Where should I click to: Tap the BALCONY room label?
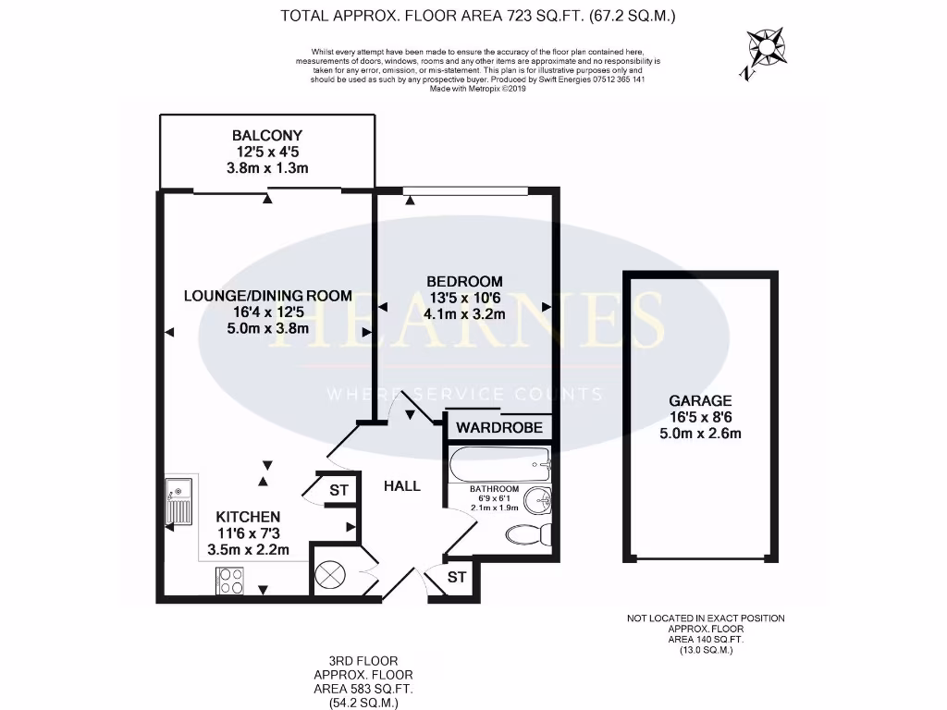[267, 135]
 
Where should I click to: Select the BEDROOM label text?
[464, 281]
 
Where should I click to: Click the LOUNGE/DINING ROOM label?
[268, 296]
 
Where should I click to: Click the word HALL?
[402, 485]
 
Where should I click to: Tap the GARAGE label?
[700, 401]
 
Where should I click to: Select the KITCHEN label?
[248, 516]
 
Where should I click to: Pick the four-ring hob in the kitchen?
[229, 581]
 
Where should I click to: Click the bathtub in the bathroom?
[498, 464]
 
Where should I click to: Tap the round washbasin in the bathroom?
[536, 501]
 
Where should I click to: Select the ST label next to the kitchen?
[338, 490]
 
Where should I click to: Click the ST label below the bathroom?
[457, 578]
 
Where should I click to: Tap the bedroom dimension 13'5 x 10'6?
[464, 298]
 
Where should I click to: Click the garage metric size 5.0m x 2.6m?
[700, 434]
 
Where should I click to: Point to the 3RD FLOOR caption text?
[363, 661]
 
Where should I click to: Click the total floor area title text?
[477, 16]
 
